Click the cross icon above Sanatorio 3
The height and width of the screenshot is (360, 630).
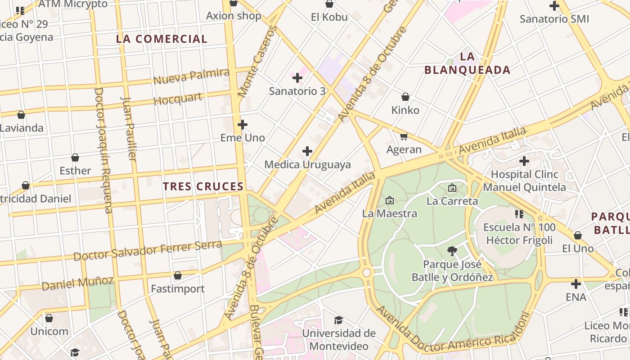pos(297,78)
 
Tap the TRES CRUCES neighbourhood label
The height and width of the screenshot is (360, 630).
pos(203,186)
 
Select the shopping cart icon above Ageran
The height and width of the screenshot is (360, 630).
pos(404,136)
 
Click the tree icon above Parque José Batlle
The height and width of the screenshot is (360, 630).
pos(452,251)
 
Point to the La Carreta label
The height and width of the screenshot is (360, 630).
pos(452,201)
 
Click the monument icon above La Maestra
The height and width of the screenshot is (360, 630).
pos(390,200)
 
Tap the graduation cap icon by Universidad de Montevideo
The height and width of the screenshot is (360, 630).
pos(338,320)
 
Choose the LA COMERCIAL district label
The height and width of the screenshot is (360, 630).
pos(162,39)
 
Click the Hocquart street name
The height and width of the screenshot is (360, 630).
pos(178,99)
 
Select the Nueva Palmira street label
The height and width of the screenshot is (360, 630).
pos(191,76)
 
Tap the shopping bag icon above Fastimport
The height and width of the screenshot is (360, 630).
pos(178,275)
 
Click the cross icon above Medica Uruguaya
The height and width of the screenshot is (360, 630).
pos(307,151)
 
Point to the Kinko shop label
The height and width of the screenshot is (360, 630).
pos(405,110)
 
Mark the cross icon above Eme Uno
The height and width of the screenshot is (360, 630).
pos(243,125)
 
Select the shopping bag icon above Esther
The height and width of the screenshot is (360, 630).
pos(75,157)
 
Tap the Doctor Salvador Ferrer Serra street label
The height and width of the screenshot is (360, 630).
pos(148,251)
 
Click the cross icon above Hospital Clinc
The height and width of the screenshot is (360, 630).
pos(524,161)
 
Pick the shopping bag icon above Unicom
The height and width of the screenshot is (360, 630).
pos(49,319)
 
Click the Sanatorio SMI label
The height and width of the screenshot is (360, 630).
pos(554,19)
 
